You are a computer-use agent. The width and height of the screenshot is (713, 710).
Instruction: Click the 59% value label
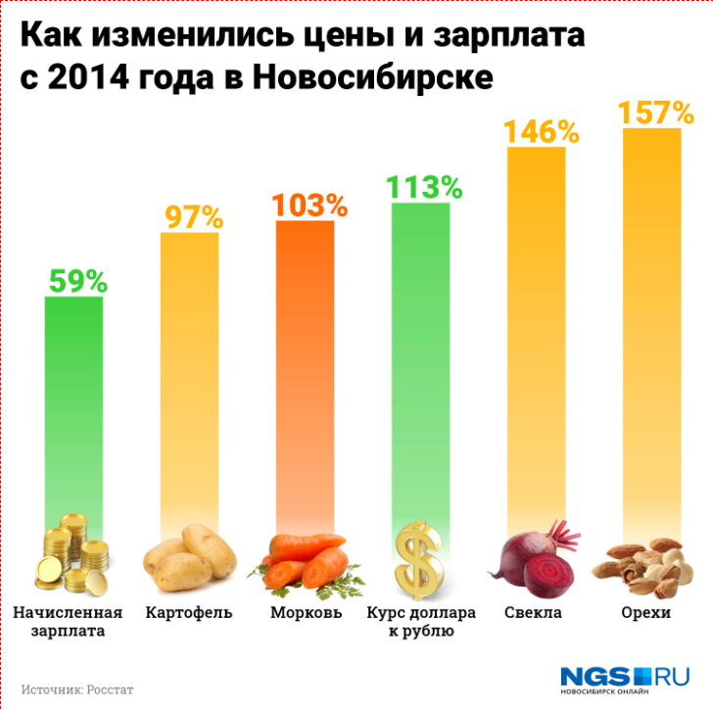(74, 281)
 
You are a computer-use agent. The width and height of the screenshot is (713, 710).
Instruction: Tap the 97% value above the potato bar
(189, 216)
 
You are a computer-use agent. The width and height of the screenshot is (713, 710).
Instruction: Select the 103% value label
(306, 206)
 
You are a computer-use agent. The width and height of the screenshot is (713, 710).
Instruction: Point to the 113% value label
(421, 187)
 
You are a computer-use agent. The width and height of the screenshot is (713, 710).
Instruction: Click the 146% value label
(537, 131)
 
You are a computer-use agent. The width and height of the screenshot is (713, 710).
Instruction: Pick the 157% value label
(653, 114)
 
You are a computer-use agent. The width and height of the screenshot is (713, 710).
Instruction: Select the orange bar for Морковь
(306, 372)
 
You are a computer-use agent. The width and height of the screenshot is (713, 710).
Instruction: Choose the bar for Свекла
(537, 333)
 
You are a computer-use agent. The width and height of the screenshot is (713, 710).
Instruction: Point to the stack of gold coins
(74, 555)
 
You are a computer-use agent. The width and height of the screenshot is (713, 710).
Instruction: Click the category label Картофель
(189, 613)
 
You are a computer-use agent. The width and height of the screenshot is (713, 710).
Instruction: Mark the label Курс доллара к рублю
(421, 622)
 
